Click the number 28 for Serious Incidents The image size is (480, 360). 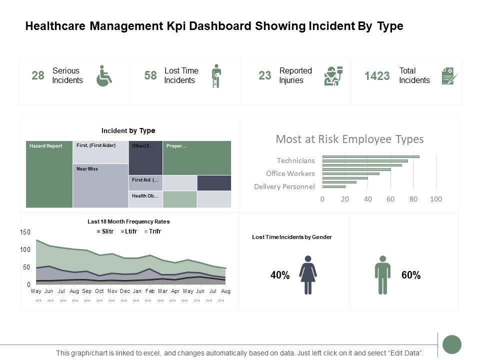[38, 75]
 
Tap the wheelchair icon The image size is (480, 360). [104, 75]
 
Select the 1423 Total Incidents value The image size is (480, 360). [377, 76]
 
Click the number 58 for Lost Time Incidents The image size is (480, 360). [150, 75]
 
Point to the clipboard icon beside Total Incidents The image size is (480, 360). [448, 76]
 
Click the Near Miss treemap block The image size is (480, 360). [100, 185]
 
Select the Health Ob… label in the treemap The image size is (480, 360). [145, 196]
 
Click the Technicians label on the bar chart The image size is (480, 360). [296, 160]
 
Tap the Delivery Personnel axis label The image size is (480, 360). [284, 186]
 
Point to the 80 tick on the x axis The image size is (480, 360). [413, 199]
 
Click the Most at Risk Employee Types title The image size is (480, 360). [349, 139]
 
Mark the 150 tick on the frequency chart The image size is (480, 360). [25, 232]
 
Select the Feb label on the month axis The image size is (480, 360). [150, 291]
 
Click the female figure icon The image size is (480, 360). [308, 275]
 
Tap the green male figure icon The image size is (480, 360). [382, 275]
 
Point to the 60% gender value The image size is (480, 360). [410, 275]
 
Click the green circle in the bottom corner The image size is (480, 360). [452, 344]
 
